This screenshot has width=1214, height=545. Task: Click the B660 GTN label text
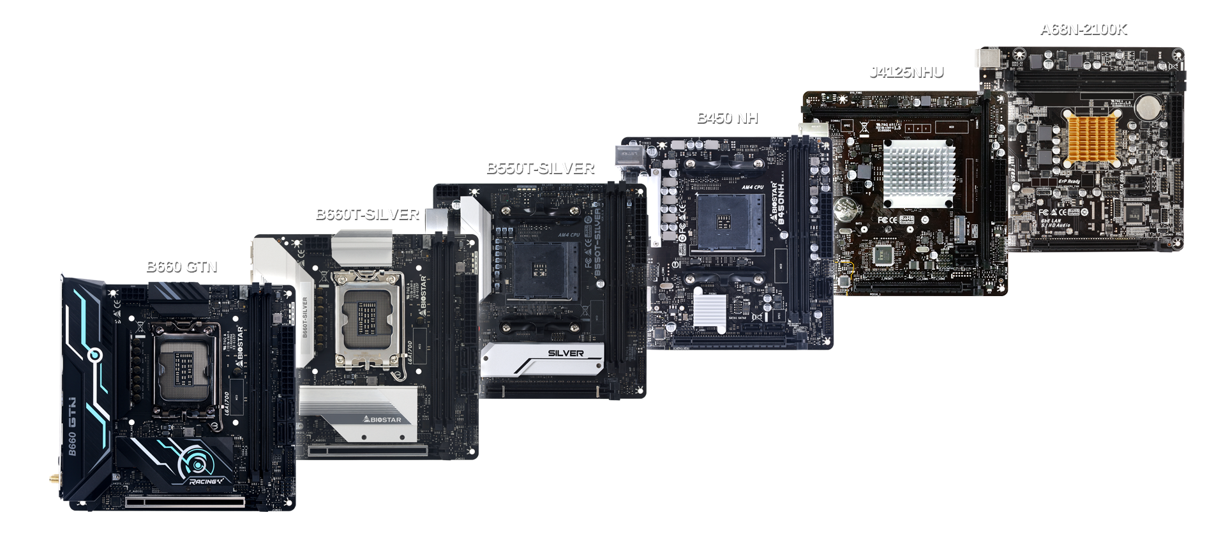(x=182, y=267)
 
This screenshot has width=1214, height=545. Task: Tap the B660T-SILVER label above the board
(x=367, y=214)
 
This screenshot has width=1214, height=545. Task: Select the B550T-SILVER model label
(x=540, y=168)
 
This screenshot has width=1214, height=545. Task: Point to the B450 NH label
(x=727, y=118)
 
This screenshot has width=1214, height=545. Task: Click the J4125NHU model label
(x=906, y=72)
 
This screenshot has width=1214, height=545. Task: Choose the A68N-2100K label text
(x=1083, y=29)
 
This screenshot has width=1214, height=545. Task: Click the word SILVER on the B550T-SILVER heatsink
(x=566, y=353)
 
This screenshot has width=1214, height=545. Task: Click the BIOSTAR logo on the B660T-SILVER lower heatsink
(x=382, y=419)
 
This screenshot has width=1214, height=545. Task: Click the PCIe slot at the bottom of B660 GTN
(x=185, y=502)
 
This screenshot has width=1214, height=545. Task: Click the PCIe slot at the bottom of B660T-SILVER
(x=368, y=451)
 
